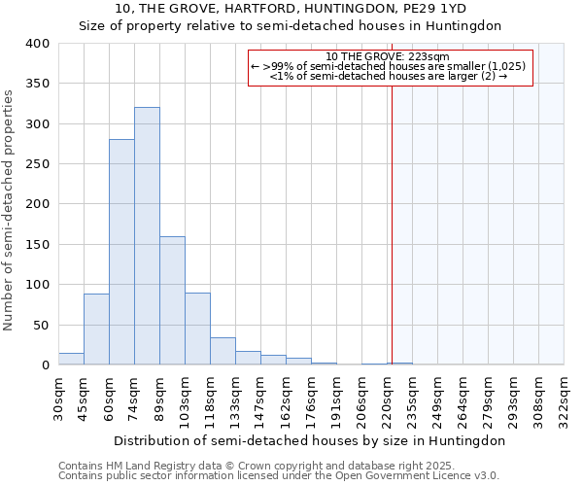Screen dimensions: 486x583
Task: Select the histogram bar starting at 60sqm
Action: point(121,253)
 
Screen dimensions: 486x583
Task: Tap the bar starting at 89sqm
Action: point(172,300)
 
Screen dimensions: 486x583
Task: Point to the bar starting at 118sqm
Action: point(223,351)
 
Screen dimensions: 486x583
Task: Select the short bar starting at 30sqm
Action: point(71,359)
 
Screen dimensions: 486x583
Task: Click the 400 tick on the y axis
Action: point(37,44)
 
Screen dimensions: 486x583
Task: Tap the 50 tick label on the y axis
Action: point(41,325)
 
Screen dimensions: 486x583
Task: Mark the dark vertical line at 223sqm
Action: point(392,224)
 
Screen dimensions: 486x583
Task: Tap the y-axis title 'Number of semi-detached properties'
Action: point(10,210)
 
